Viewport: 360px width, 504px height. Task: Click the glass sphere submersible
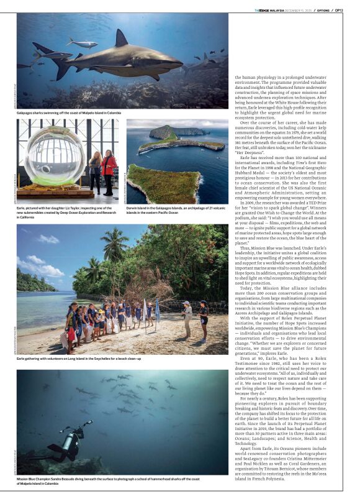pos(55,156)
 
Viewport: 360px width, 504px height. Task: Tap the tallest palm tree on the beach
pos(116,249)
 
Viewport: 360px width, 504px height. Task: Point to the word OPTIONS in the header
pos(321,10)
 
